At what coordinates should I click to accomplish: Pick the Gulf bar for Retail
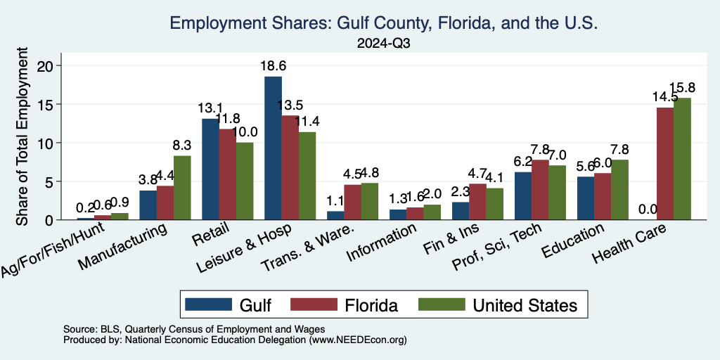pos(210,169)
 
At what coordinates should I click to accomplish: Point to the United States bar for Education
pos(619,190)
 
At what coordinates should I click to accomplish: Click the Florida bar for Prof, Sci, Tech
pos(540,190)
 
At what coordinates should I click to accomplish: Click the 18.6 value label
pos(274,66)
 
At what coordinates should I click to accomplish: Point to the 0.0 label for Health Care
pos(648,210)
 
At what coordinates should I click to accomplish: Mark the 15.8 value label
pos(682,88)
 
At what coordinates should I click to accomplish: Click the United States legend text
pos(525,304)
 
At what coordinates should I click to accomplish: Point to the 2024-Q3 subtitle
pos(383,44)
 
